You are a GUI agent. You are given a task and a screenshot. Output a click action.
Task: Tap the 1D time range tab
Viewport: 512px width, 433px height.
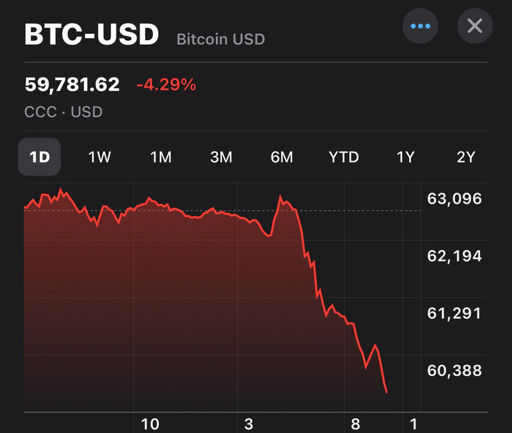(x=39, y=157)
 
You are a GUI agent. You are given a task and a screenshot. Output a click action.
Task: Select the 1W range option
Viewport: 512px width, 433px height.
(x=100, y=157)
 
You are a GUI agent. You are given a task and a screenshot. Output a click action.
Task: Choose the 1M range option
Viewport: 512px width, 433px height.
(x=161, y=157)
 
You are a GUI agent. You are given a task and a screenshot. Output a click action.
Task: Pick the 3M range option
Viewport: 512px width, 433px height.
(x=221, y=157)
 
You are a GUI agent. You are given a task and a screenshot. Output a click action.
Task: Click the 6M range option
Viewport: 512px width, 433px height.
(x=282, y=157)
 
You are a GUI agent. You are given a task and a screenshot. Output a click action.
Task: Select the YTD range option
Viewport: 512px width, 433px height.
(x=344, y=157)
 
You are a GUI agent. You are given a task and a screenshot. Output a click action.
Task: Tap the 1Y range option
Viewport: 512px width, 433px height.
(x=405, y=157)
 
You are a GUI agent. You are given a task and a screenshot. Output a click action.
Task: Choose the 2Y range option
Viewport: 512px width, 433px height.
(x=466, y=157)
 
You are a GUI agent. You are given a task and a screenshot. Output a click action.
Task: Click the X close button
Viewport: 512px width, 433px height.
(x=475, y=26)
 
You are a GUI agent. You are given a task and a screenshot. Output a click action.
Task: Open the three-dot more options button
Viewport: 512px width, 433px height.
(x=420, y=26)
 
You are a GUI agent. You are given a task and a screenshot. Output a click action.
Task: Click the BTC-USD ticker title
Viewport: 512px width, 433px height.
(x=92, y=34)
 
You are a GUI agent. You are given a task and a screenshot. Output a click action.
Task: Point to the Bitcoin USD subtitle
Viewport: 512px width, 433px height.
(x=221, y=39)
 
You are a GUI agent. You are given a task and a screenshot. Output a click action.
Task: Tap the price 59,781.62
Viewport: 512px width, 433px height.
(x=72, y=84)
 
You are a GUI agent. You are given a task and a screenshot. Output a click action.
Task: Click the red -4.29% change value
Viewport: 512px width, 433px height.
(x=166, y=84)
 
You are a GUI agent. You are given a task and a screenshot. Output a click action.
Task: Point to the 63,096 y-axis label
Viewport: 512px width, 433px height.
(x=454, y=199)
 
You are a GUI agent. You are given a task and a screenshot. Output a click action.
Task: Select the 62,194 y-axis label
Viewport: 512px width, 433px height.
(x=454, y=256)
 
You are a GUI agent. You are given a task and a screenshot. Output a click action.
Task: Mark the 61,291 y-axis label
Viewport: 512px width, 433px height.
(x=454, y=313)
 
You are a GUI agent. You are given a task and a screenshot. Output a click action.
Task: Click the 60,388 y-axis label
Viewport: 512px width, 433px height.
(x=454, y=370)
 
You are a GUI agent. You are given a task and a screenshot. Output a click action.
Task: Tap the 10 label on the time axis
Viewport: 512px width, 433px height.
(x=150, y=424)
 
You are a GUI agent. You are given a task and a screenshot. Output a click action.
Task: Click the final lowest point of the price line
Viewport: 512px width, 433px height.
(x=387, y=393)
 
